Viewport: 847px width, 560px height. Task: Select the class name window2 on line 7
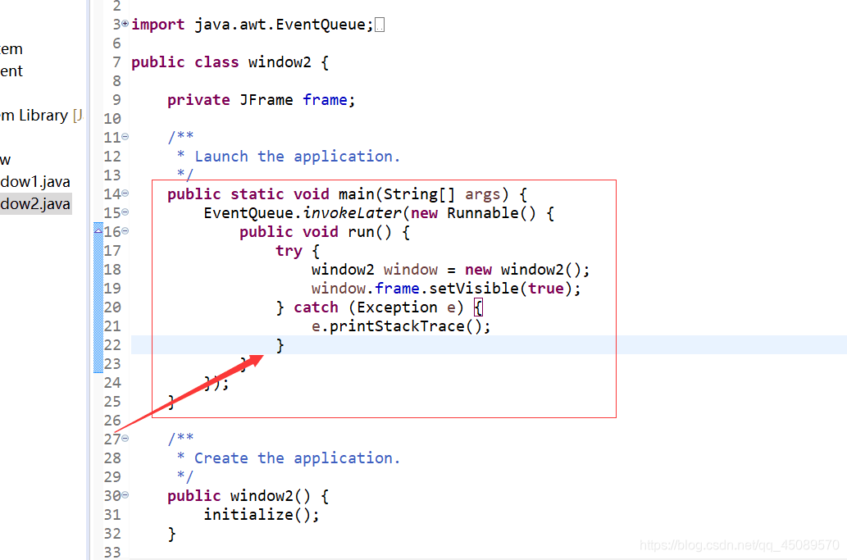[280, 62]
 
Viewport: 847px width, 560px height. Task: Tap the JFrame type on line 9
[266, 100]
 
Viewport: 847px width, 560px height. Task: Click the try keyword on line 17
[289, 251]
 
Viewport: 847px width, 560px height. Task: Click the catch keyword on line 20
[316, 307]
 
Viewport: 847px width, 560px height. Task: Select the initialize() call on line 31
[261, 515]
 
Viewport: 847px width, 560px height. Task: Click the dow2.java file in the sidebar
[35, 204]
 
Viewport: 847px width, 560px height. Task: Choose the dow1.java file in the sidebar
[35, 182]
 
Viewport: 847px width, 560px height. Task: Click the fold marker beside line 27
[125, 439]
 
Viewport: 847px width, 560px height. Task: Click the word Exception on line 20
[397, 307]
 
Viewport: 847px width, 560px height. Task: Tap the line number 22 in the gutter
[112, 345]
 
